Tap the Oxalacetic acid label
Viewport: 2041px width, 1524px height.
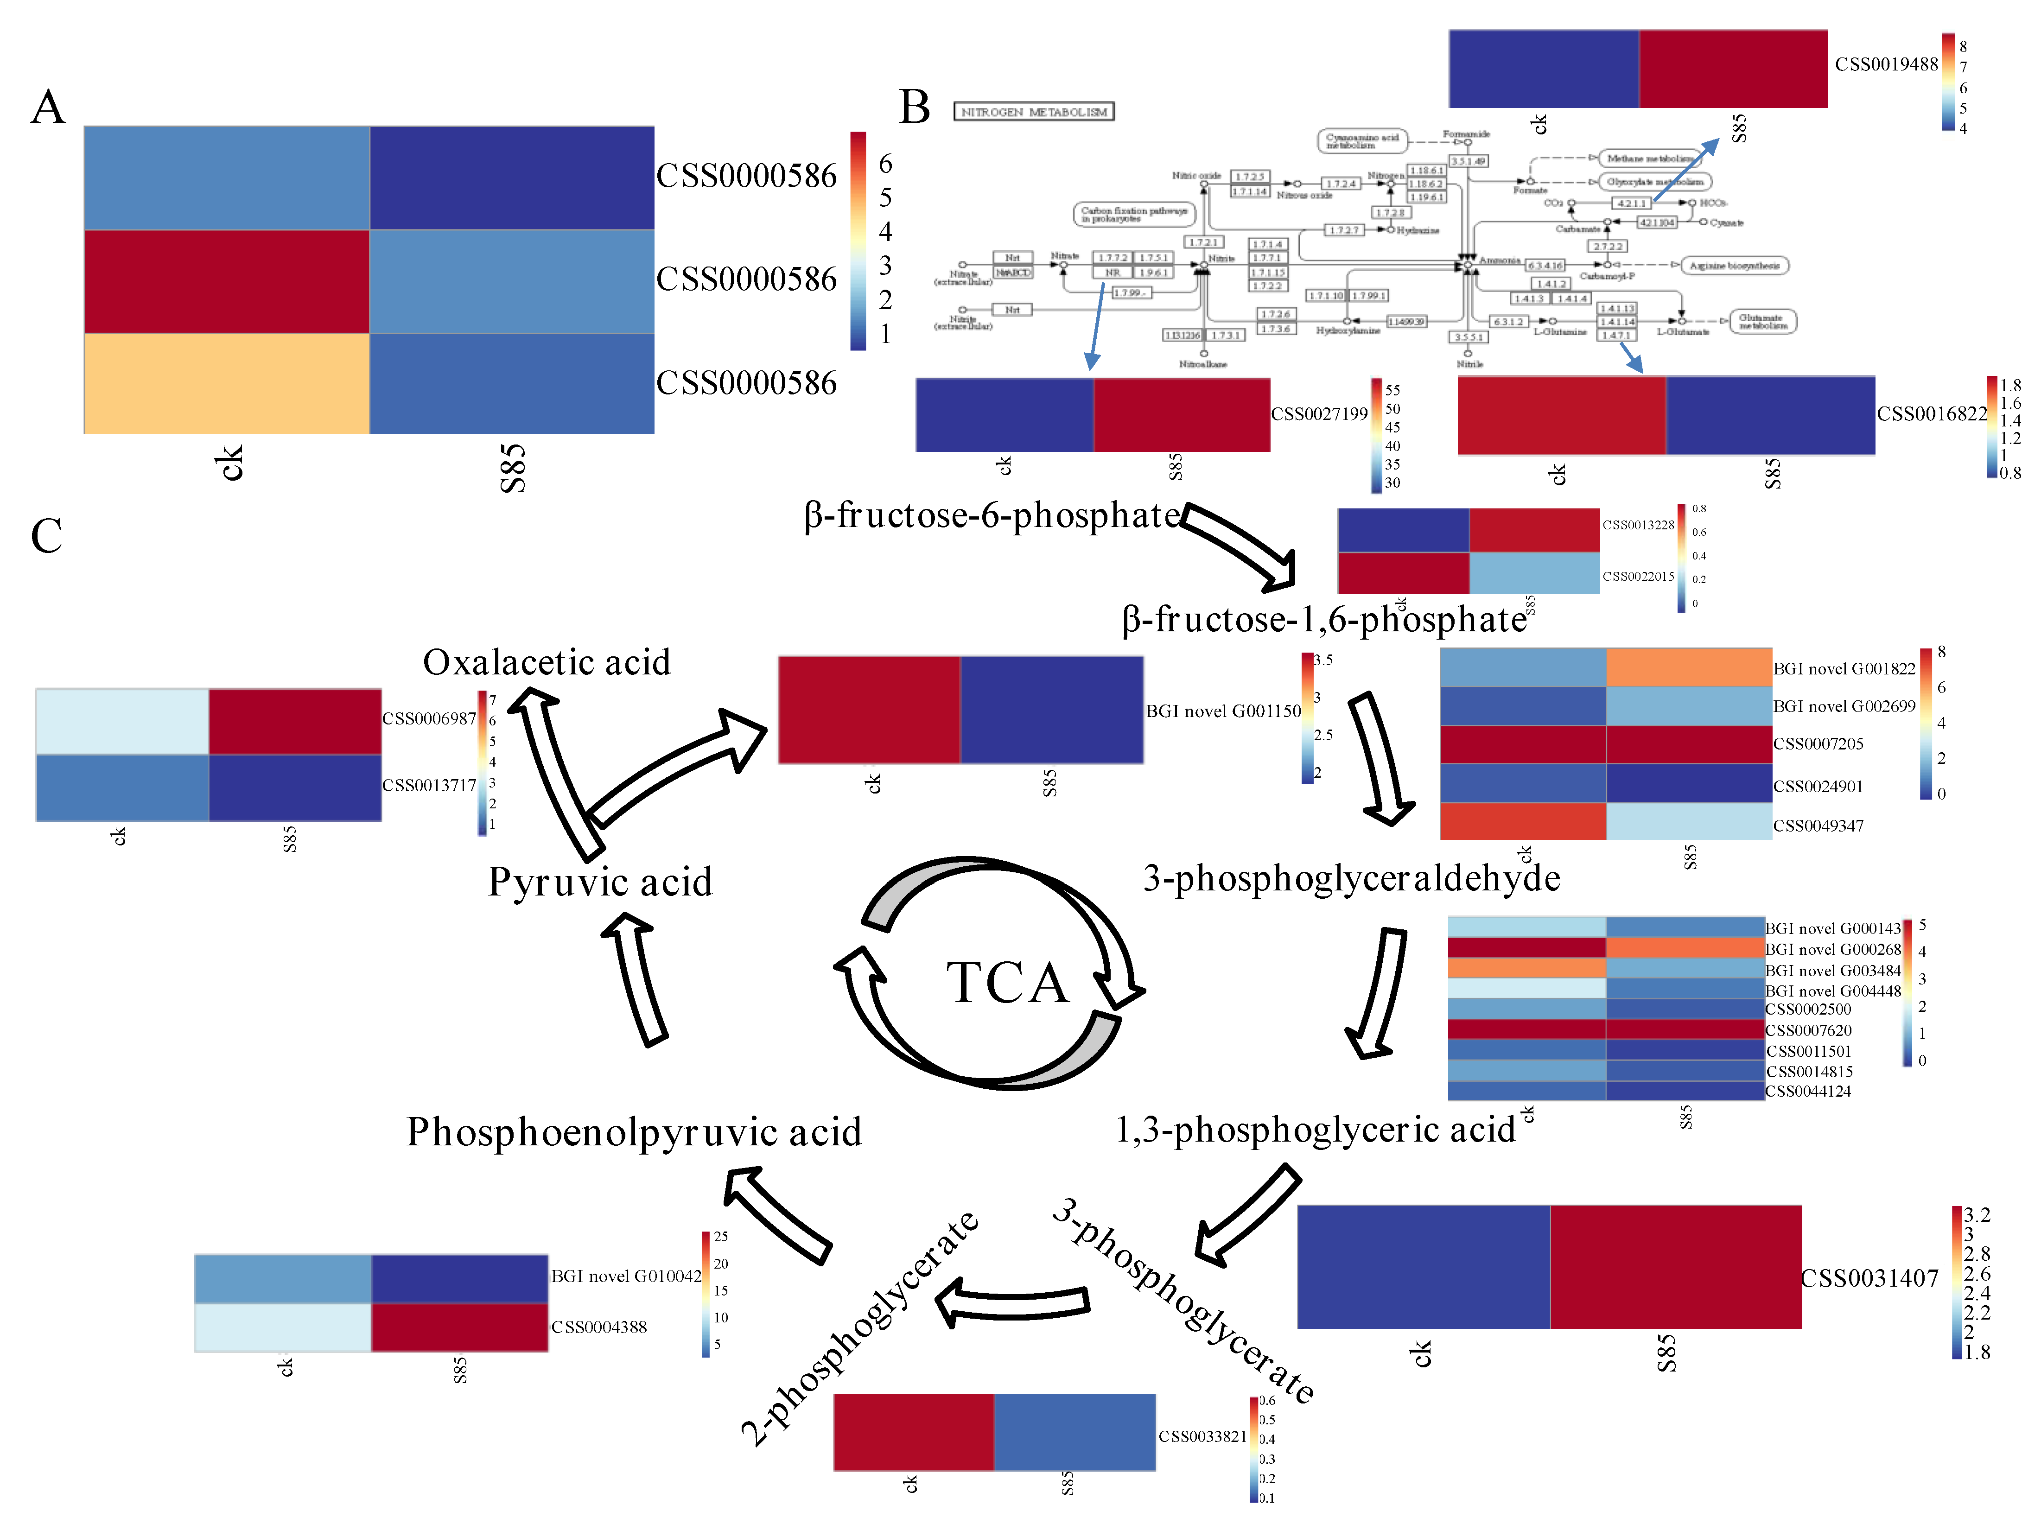point(546,662)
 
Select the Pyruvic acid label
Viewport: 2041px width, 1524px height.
point(600,882)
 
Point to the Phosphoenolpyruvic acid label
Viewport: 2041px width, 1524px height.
point(634,1132)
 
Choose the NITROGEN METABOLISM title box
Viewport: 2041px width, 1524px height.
point(1033,112)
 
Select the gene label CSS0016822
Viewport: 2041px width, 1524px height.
point(1931,414)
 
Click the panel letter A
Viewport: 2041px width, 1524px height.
point(48,107)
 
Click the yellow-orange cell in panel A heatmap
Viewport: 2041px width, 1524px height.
point(226,383)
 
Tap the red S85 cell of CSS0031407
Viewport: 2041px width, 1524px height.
point(1676,1267)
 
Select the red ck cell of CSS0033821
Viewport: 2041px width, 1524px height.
point(914,1432)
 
